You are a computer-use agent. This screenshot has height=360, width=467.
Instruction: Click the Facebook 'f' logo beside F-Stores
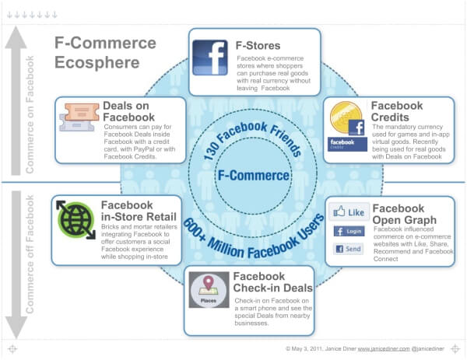click(210, 58)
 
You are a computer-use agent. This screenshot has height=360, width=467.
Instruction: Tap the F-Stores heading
click(258, 45)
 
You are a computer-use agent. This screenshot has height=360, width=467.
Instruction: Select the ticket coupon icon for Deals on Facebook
click(77, 118)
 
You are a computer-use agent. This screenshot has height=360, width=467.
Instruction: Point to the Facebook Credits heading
click(397, 111)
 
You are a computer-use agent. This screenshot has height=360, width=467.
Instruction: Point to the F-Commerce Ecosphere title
click(105, 52)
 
